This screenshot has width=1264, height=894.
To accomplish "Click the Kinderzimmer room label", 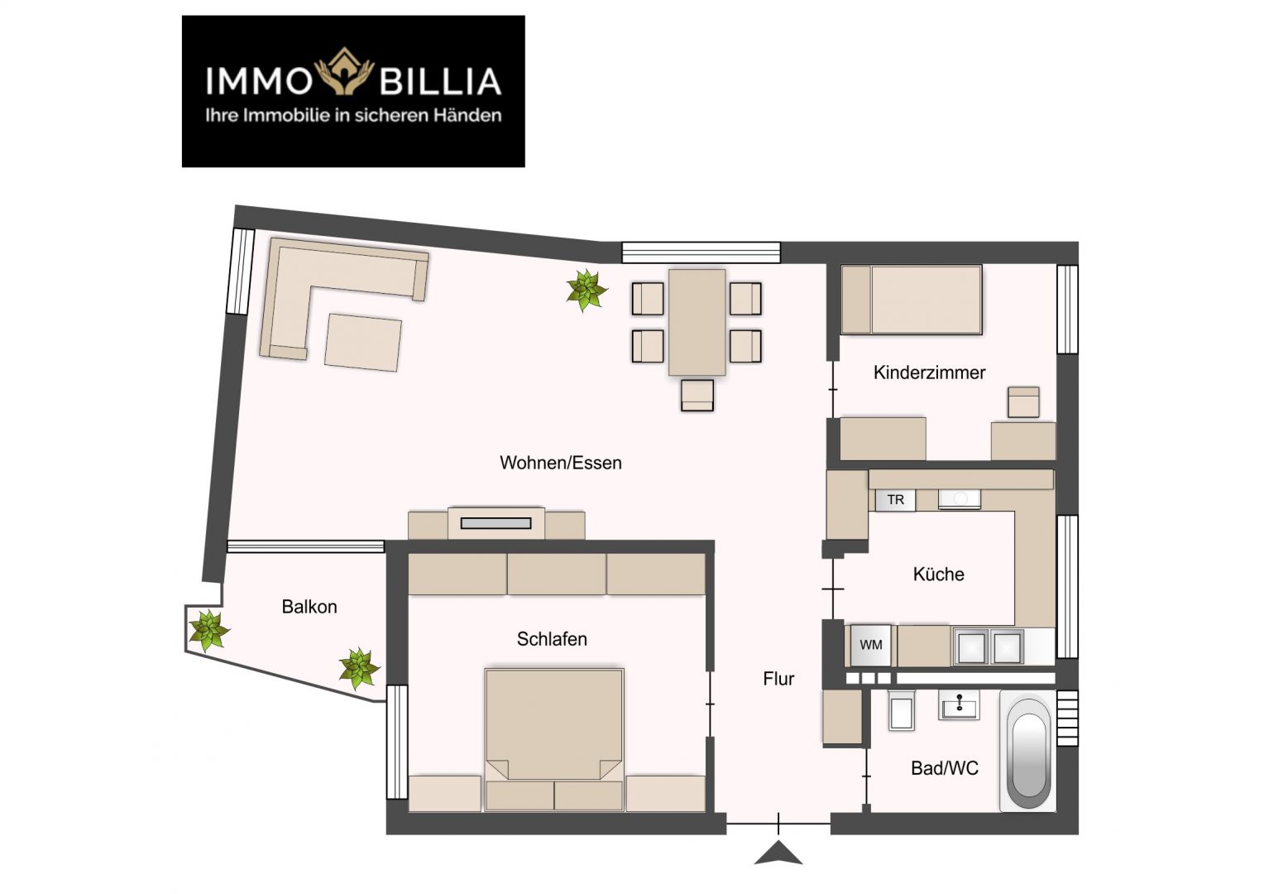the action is (x=929, y=372).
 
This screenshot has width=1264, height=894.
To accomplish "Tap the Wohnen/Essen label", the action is (x=561, y=463).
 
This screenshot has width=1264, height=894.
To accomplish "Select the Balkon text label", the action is (x=309, y=607).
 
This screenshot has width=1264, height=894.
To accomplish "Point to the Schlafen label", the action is (x=552, y=639).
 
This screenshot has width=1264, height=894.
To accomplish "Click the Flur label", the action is (x=778, y=679).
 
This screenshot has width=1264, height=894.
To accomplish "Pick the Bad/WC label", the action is (x=945, y=769).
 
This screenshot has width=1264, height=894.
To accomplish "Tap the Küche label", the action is (x=938, y=574).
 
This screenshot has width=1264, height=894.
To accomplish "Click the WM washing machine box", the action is (x=871, y=646).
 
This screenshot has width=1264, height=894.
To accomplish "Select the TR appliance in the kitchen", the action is (x=896, y=500).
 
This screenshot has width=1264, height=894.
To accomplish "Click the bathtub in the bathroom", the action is (x=1027, y=751).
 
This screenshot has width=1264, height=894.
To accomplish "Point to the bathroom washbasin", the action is (x=959, y=704).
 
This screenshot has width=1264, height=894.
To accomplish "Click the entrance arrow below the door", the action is (x=778, y=853).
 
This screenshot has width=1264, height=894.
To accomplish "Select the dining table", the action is (x=697, y=322).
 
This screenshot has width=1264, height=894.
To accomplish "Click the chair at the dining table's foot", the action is (x=697, y=395).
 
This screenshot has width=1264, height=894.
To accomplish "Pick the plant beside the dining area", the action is (x=587, y=291).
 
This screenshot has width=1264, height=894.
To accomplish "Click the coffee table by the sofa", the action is (x=363, y=342).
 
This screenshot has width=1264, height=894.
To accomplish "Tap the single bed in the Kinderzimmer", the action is (x=912, y=300).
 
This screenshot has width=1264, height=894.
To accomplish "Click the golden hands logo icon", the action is (x=344, y=70).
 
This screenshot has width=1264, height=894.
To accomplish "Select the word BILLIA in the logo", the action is (x=440, y=81).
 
